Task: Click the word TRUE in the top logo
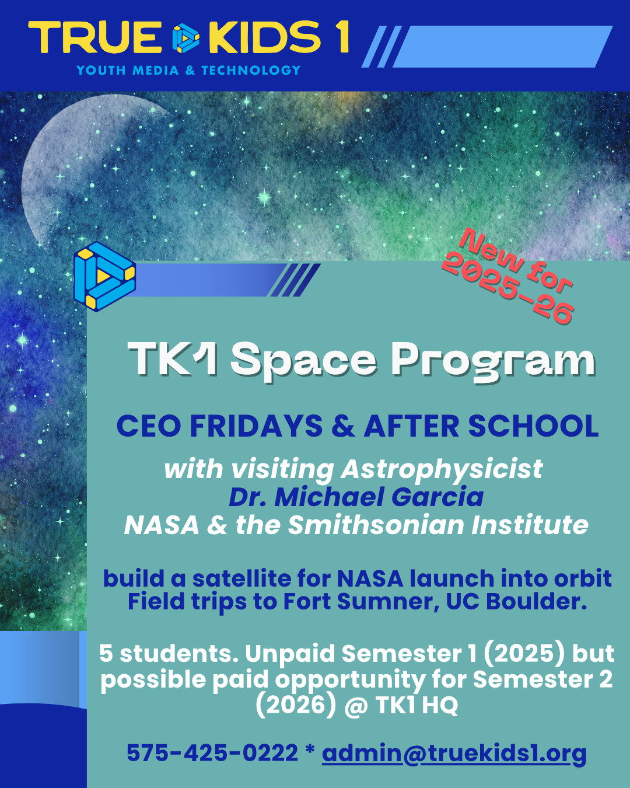[x=95, y=37]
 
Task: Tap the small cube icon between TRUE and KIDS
[x=185, y=38]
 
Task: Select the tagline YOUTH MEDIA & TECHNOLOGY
[x=188, y=70]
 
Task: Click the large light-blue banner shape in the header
[x=502, y=47]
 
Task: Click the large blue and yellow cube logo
[x=104, y=277]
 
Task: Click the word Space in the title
[x=303, y=361]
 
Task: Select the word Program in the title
[x=494, y=361]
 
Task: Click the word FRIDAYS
[x=256, y=426]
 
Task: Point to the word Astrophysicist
[x=442, y=470]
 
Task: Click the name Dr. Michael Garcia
[x=356, y=497]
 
